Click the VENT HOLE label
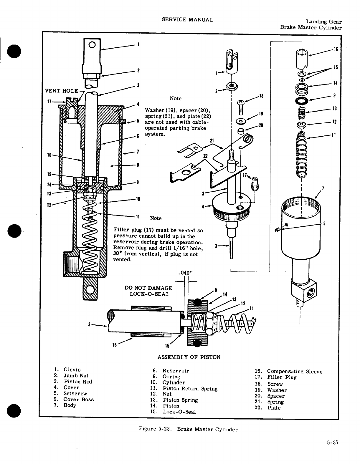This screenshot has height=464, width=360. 61,91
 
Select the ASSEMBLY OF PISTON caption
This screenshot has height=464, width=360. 189,357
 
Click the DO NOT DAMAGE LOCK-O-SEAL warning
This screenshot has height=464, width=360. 148,291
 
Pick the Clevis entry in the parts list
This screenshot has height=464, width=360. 72,369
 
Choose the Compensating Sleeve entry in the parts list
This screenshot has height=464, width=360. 295,372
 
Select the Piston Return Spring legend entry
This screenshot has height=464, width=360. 190,389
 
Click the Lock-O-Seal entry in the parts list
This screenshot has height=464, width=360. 179,412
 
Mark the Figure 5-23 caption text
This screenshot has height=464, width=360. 188,429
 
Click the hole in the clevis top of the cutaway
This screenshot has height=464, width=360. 92,45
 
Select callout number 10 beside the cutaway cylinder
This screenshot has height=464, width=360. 138,199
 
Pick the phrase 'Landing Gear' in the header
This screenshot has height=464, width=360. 324,21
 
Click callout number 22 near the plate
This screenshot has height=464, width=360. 205,155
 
